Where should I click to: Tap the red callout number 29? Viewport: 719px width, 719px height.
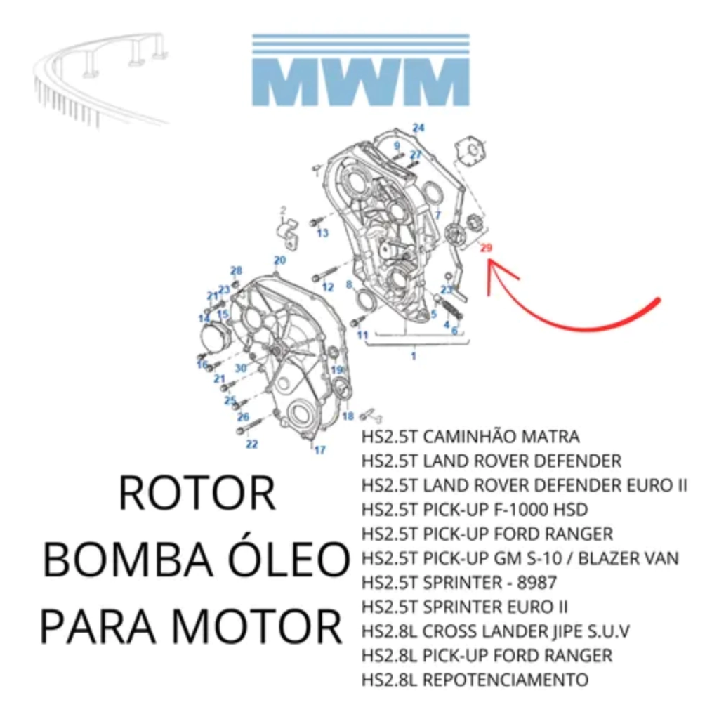pos(486,248)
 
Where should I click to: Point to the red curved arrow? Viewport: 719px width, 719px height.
pos(562,309)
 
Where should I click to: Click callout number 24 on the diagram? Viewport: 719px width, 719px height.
pos(418,128)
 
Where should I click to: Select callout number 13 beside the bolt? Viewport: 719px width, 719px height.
pos(322,233)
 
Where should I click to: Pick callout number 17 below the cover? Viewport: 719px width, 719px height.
pos(319,450)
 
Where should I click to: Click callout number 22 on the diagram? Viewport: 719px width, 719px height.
pos(251,444)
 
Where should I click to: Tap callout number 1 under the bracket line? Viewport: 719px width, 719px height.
pos(413,356)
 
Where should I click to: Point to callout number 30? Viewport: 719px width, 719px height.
pos(240,367)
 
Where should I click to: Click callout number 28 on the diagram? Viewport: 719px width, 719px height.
pos(236,270)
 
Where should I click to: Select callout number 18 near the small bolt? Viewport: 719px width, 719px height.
pos(348,416)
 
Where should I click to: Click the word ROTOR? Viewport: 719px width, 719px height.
pos(197,494)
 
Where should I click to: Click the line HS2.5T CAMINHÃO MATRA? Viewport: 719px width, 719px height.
pos(470,437)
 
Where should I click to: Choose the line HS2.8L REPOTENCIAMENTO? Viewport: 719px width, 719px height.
pos(475,680)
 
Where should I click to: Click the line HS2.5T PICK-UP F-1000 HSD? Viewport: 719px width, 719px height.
pos(475,510)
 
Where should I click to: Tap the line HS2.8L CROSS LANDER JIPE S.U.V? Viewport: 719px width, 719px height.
pos(495,631)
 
